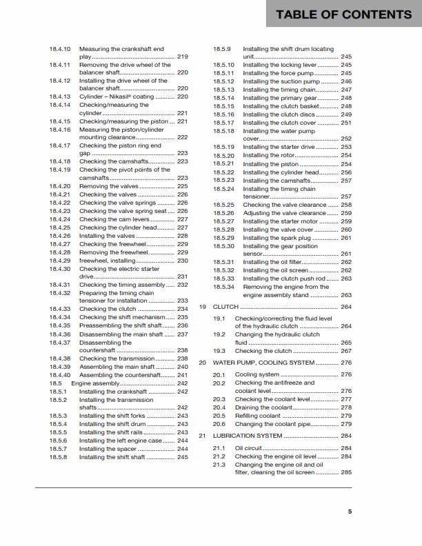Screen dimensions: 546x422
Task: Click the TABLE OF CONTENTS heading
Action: click(x=343, y=14)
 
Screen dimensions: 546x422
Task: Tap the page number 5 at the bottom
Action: click(x=350, y=511)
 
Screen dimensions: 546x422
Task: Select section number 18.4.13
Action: click(x=60, y=97)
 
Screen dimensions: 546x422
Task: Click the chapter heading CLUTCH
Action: click(x=225, y=306)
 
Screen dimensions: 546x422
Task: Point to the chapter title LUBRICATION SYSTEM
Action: click(x=248, y=436)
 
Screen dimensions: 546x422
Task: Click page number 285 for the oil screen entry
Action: click(x=345, y=472)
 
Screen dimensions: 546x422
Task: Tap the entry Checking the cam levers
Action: click(x=114, y=219)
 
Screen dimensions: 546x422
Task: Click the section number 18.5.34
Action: click(x=223, y=287)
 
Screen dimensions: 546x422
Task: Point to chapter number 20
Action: click(x=203, y=362)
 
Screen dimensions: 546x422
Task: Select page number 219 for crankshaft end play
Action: click(x=183, y=57)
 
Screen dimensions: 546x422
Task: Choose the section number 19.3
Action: click(x=219, y=351)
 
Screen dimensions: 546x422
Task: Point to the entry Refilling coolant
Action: click(x=258, y=416)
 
